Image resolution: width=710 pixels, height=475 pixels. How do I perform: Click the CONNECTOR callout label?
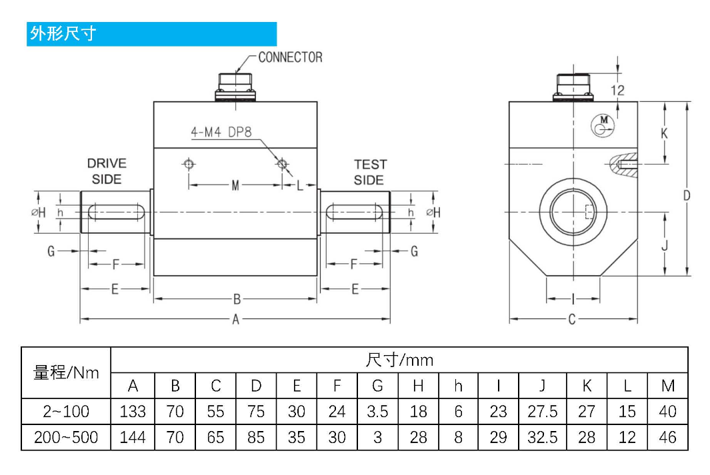[x=290, y=57]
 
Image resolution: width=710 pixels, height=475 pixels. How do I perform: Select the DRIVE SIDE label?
[x=107, y=171]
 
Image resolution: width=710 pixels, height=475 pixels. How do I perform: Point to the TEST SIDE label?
[x=369, y=172]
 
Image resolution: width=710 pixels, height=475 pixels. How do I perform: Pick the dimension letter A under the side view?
[x=235, y=320]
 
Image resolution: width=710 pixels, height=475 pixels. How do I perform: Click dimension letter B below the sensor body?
[x=236, y=299]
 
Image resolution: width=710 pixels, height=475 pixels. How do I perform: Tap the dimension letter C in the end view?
[x=572, y=320]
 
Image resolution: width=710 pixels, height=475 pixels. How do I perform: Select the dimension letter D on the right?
[x=687, y=195]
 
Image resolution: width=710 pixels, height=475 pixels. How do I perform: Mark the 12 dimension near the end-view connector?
[x=617, y=90]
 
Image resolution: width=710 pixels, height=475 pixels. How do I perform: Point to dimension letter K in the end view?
[x=664, y=133]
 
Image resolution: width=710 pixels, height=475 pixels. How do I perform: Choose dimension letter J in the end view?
[x=665, y=244]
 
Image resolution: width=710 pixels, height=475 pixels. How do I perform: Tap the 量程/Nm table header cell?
[x=66, y=372]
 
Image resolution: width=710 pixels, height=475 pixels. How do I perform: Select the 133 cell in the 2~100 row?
[x=133, y=411]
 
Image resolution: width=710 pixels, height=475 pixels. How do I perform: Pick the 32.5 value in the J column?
[x=542, y=437]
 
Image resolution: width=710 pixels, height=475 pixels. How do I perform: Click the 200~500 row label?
[x=66, y=437]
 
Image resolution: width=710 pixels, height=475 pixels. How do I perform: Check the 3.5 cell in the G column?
[x=377, y=411]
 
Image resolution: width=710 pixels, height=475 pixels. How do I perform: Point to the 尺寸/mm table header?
[x=399, y=360]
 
